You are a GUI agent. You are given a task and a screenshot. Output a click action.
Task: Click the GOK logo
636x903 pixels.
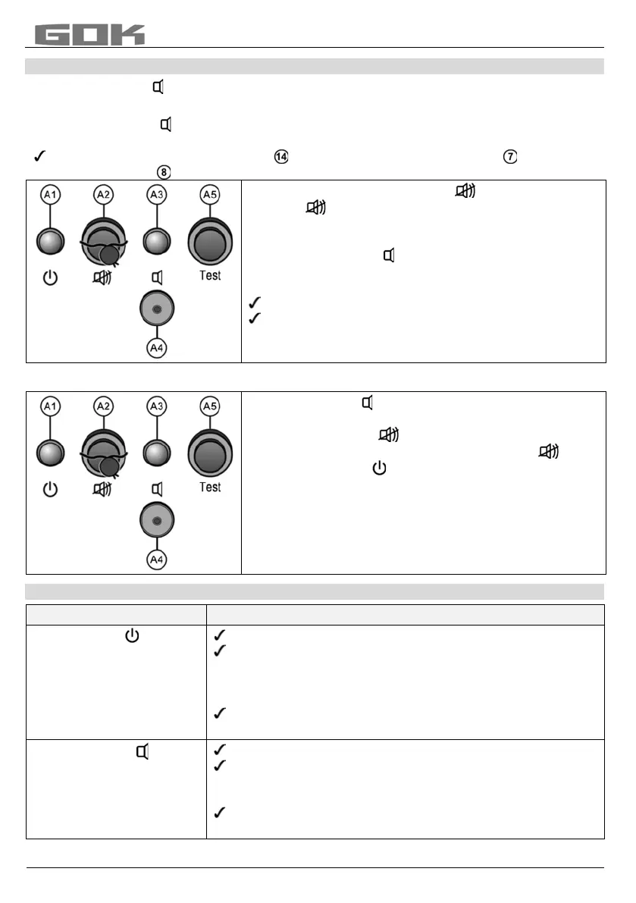tap(89, 35)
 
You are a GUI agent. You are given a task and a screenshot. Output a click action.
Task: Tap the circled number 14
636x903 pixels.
tap(280, 157)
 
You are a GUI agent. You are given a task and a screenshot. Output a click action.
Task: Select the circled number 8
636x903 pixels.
tap(163, 172)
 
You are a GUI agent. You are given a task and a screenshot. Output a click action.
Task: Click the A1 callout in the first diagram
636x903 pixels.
tap(50, 196)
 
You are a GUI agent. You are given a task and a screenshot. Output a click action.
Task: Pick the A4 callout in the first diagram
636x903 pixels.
tap(158, 349)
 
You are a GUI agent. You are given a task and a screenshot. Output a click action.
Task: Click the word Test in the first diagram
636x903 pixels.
tap(210, 275)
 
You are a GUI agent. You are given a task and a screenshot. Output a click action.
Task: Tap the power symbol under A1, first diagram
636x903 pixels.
tap(50, 277)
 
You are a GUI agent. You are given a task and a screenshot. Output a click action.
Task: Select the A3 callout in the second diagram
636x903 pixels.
tap(157, 407)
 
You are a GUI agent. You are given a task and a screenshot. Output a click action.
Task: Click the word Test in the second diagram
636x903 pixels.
tap(210, 487)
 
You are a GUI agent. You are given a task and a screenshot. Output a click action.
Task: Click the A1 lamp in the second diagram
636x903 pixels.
tap(50, 453)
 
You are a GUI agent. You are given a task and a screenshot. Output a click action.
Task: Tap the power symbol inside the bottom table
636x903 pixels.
tap(132, 635)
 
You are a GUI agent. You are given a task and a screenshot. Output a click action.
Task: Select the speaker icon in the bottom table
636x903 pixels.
tap(142, 752)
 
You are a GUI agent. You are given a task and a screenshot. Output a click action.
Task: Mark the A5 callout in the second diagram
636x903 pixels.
tap(210, 407)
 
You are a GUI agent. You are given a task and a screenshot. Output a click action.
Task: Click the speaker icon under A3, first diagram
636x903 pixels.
tap(157, 277)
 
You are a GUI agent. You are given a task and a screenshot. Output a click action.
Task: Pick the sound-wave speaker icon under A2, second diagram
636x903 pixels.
tap(102, 489)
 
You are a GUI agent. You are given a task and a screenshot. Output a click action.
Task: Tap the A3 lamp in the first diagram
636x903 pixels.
tap(157, 242)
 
